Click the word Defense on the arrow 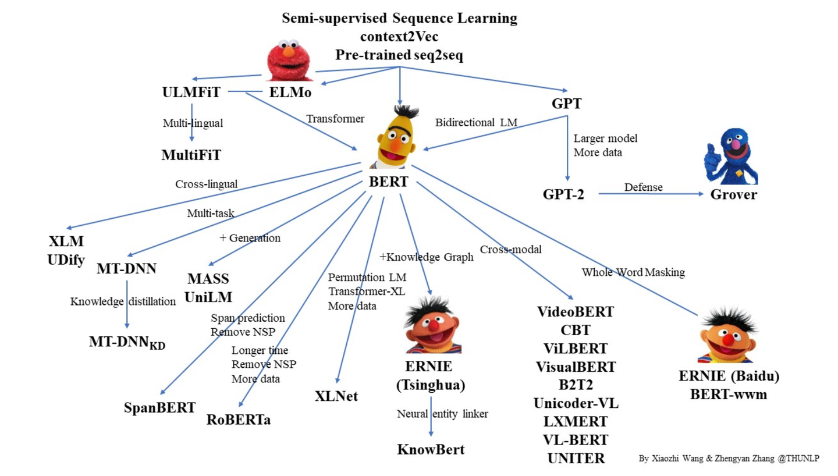point(643,187)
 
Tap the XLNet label point(336,397)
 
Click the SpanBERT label point(159,407)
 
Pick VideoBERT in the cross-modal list point(575,312)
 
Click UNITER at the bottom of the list point(576,457)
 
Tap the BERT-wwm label point(728,394)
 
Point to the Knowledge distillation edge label point(123,301)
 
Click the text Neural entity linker point(442,414)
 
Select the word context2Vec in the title point(399,37)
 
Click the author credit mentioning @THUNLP point(729,458)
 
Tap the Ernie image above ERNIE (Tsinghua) point(432,327)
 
